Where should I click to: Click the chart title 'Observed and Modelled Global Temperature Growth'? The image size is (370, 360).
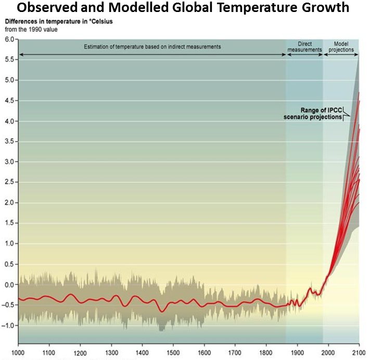point(185,8)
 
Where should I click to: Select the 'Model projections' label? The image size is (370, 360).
point(341,47)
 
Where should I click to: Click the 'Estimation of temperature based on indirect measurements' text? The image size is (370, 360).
point(152,47)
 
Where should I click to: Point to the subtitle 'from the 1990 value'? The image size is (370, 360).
point(32,29)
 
